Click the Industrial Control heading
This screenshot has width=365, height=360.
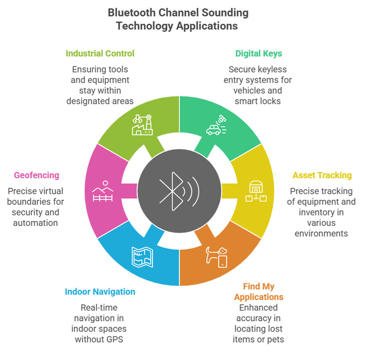(x=100, y=54)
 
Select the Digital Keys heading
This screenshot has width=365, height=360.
(x=259, y=54)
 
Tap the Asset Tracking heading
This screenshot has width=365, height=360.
(x=322, y=176)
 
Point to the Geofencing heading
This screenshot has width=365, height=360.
(x=37, y=176)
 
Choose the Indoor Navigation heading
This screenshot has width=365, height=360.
(x=100, y=292)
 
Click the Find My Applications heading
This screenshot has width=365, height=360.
(x=259, y=292)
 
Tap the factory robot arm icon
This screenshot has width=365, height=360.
(x=143, y=125)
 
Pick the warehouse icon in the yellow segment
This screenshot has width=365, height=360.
(x=256, y=191)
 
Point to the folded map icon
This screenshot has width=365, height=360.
(x=143, y=257)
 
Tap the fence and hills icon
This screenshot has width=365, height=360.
(x=103, y=191)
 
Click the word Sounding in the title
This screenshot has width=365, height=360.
(x=225, y=13)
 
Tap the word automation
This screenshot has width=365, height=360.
(x=35, y=223)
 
